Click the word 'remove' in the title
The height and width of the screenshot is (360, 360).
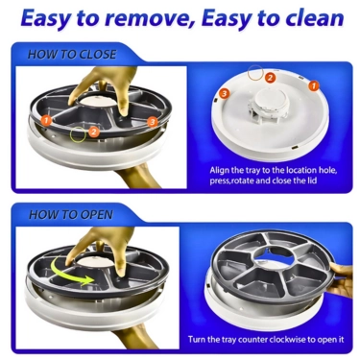coord(146,18)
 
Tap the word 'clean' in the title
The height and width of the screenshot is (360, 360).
coord(314,18)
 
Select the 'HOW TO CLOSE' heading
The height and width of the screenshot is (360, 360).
coord(72,55)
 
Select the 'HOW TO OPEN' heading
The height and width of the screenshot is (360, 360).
coord(71,214)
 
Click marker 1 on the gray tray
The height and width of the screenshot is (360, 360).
coord(47,121)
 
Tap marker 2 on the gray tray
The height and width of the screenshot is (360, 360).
coord(93,132)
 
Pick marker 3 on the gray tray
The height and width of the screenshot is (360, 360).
coord(153,122)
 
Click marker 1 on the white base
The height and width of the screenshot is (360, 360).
coord(314,85)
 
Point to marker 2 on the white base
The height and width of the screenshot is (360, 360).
coord(270,78)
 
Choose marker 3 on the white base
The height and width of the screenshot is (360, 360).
coord(224,93)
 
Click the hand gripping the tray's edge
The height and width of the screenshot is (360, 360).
coord(340,277)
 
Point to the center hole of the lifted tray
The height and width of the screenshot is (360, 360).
coord(273,255)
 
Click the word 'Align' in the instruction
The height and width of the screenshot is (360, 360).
coord(219,170)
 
